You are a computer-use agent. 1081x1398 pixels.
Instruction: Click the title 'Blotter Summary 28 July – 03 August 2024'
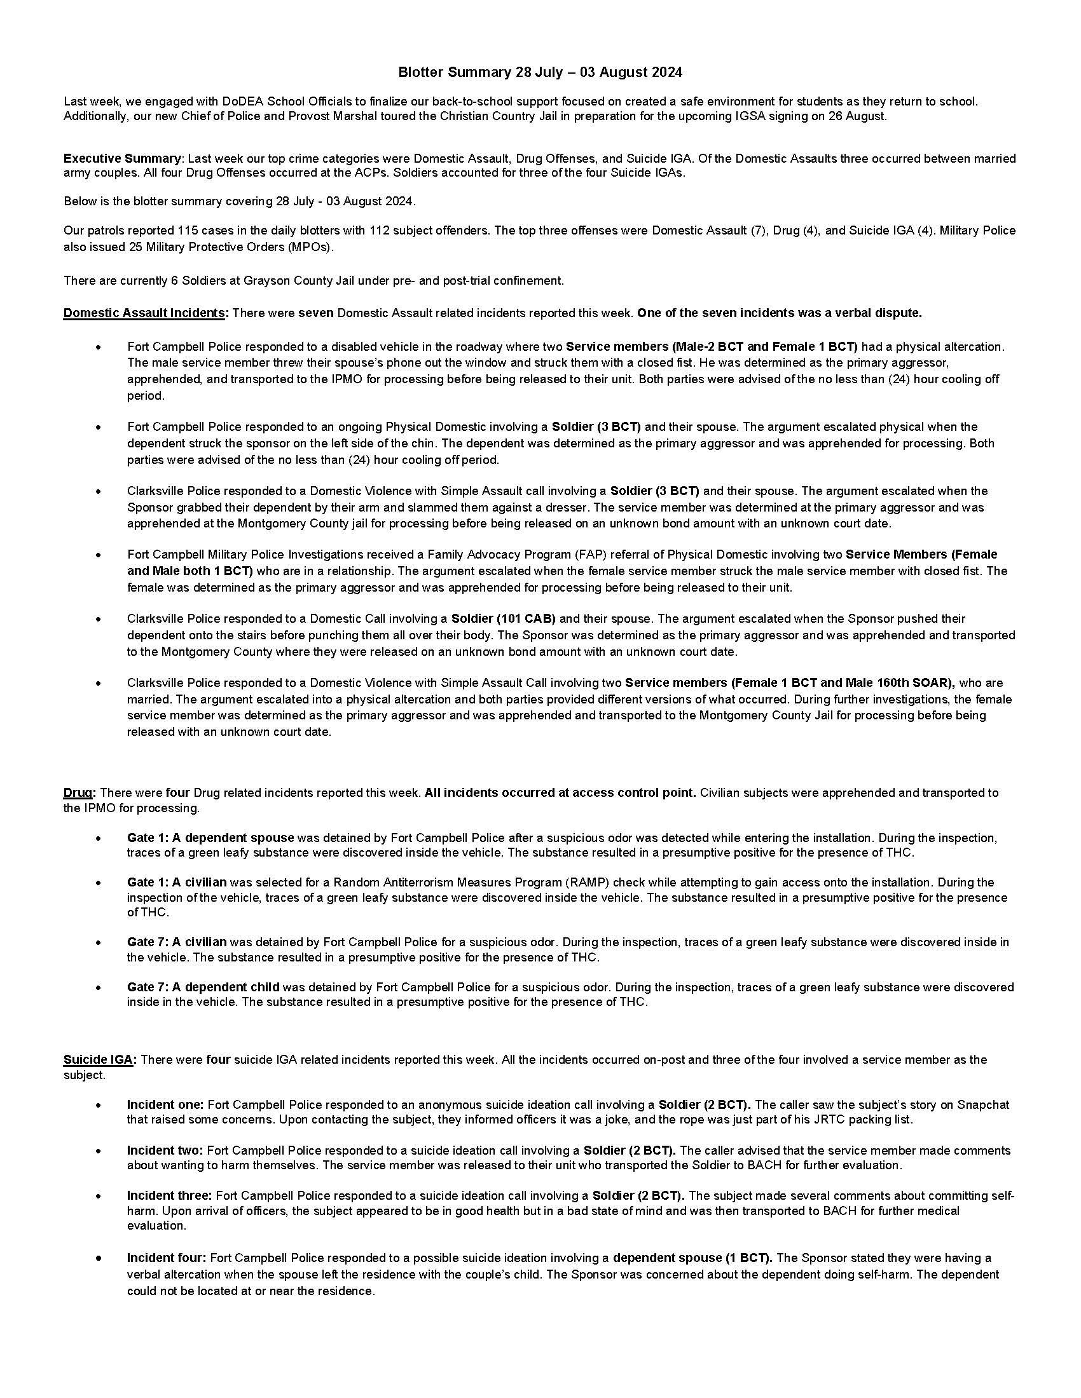tap(540, 72)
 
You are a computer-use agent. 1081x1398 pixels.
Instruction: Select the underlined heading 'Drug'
tap(78, 792)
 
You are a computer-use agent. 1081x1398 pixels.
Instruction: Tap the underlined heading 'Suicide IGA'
tap(98, 1059)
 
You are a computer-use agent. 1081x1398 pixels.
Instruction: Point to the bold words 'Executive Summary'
tap(121, 158)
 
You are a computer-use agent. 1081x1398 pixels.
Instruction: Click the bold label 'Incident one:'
tap(165, 1104)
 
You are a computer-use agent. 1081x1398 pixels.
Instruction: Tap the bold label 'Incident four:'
tap(167, 1258)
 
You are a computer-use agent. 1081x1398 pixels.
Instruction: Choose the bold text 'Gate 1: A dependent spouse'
tap(210, 838)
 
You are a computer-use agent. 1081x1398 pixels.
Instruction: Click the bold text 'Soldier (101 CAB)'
tap(504, 618)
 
